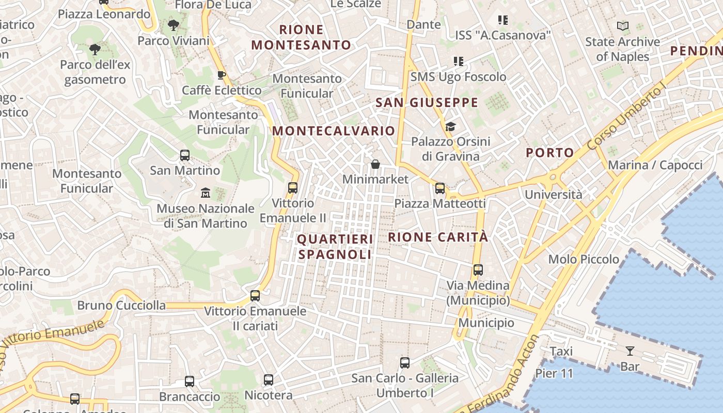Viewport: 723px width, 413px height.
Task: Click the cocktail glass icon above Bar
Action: [630, 352]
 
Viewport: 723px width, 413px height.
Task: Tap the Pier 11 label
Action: [554, 373]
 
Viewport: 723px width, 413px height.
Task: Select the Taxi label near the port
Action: [561, 352]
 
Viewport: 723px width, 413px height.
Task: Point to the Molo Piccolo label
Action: [584, 259]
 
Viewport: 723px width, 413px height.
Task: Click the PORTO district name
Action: [550, 153]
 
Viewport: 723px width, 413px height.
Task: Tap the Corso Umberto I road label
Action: [625, 118]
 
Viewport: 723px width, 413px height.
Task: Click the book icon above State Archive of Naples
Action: [623, 26]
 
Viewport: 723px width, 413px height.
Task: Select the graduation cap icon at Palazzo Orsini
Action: [450, 126]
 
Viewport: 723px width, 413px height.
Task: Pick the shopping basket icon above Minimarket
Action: [375, 164]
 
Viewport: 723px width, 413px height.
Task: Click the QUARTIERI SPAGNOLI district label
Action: [335, 247]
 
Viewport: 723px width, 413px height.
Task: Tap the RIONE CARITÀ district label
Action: [437, 237]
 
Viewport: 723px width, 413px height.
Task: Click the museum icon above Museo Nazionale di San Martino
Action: [206, 193]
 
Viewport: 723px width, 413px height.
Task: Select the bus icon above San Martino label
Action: [184, 155]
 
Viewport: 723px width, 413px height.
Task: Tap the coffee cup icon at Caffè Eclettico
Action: [222, 75]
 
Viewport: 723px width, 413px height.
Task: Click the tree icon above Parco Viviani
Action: [174, 24]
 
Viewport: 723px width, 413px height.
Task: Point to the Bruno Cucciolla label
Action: [121, 305]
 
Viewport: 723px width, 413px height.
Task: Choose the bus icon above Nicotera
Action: [268, 380]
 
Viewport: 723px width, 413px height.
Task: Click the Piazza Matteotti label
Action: [440, 203]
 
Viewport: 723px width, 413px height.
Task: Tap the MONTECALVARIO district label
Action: [334, 131]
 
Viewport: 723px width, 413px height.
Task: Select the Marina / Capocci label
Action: [655, 165]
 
